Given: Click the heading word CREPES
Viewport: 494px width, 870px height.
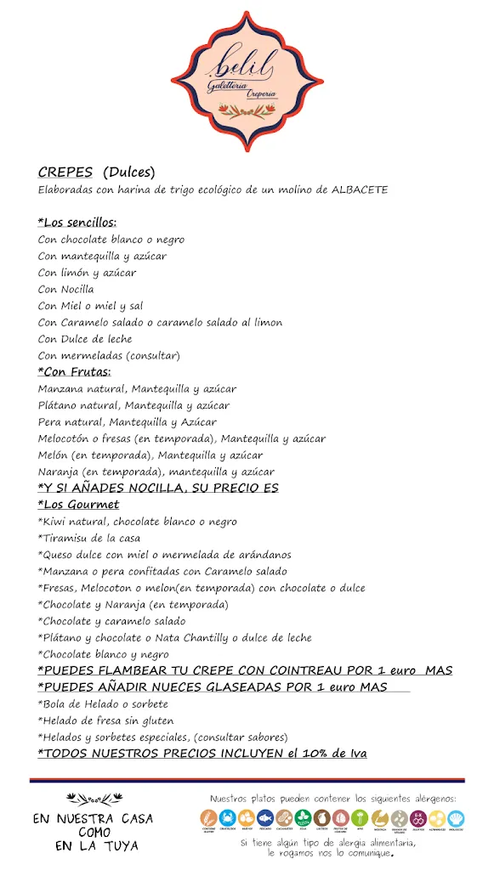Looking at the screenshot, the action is click(65, 172).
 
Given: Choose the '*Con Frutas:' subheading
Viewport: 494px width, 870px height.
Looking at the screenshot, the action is click(75, 371).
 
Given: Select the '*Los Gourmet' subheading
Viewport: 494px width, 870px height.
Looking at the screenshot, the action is click(79, 505).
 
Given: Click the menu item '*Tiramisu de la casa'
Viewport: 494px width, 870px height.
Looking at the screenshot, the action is click(89, 538).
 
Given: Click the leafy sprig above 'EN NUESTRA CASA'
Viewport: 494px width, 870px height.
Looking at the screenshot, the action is click(94, 799).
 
